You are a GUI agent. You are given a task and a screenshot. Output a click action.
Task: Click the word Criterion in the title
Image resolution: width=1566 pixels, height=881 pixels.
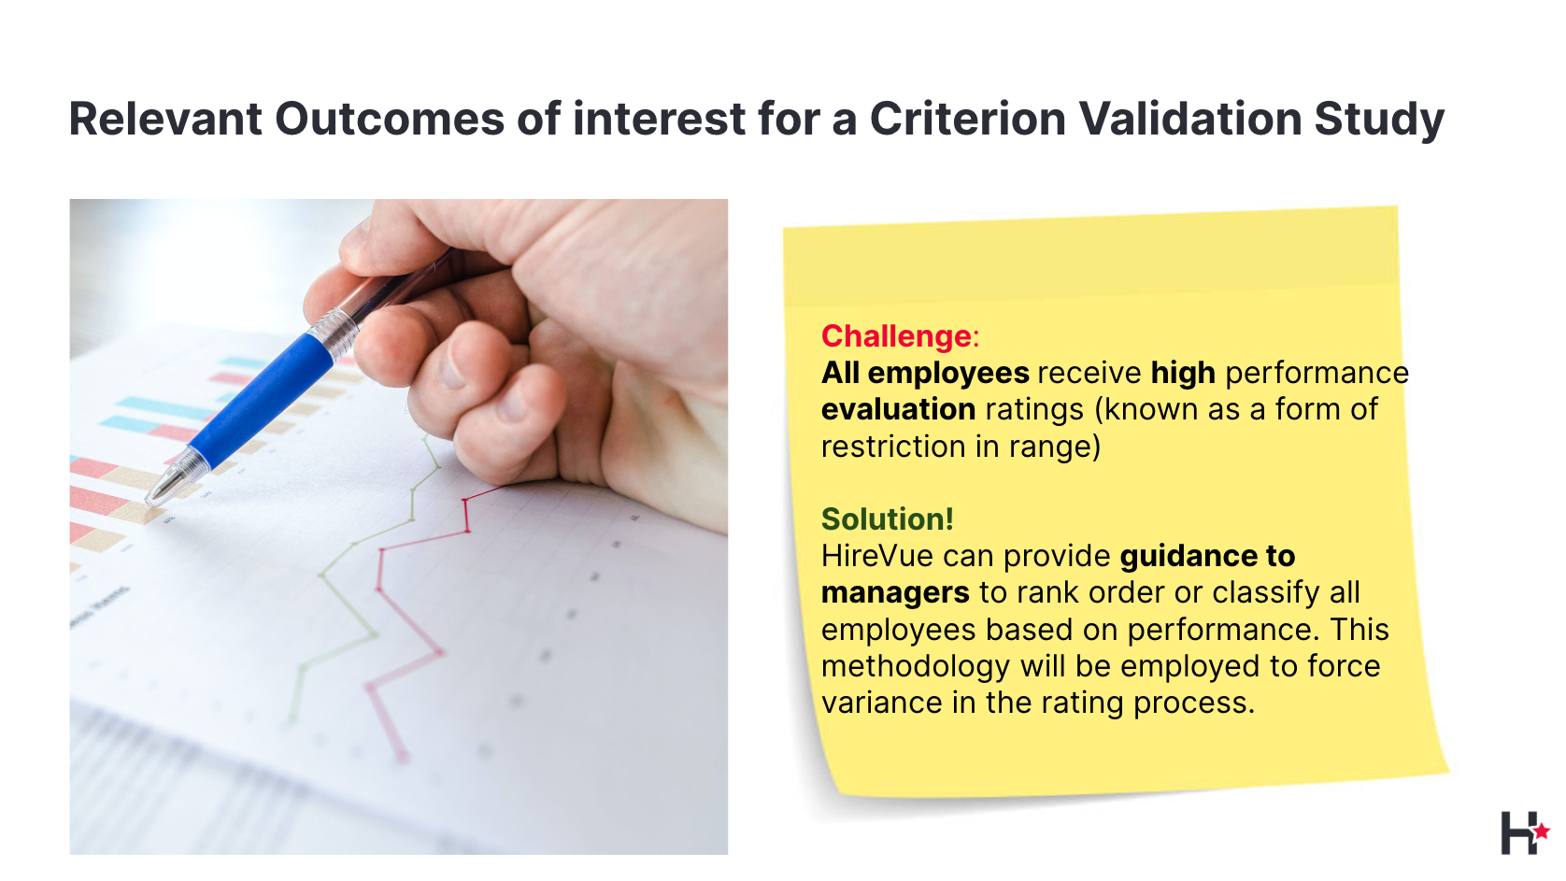(967, 118)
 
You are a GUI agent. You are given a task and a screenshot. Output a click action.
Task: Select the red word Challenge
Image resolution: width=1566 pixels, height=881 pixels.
(896, 336)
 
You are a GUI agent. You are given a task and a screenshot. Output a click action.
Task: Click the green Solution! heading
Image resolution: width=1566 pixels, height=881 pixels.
(887, 519)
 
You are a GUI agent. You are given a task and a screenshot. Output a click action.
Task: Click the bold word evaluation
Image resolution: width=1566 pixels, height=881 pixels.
(898, 409)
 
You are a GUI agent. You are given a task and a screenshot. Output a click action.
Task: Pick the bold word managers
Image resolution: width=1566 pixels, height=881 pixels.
(895, 593)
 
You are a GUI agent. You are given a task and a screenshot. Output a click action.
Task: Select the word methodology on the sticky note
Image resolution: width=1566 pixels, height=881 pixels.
(915, 667)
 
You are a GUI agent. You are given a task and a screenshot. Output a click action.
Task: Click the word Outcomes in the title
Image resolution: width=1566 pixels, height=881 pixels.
(390, 118)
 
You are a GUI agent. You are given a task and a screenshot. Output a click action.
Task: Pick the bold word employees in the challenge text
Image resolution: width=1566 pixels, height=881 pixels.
(948, 374)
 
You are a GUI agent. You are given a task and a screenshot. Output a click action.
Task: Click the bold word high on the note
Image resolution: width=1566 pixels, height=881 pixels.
(1184, 374)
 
